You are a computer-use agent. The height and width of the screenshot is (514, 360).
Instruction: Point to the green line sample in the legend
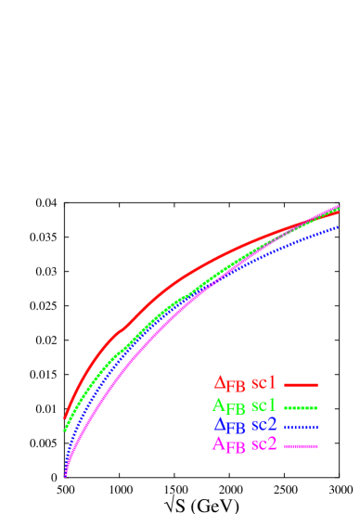point(302,407)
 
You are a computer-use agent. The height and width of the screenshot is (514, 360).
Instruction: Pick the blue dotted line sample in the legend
point(302,427)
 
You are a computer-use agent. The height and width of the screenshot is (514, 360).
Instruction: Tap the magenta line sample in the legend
point(302,446)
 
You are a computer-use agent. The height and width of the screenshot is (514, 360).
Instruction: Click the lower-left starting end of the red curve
point(65,418)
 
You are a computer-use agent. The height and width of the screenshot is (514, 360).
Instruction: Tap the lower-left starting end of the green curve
point(65,430)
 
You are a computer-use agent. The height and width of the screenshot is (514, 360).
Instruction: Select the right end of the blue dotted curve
point(338,226)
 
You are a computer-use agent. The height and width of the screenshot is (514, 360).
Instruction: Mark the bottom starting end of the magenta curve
point(65,475)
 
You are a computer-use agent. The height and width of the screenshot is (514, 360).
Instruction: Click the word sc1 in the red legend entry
point(264,382)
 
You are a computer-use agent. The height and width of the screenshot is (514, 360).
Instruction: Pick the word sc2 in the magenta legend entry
point(264,444)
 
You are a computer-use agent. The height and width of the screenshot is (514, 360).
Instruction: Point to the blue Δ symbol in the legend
point(220,425)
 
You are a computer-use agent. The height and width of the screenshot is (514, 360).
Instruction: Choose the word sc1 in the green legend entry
point(264,405)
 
